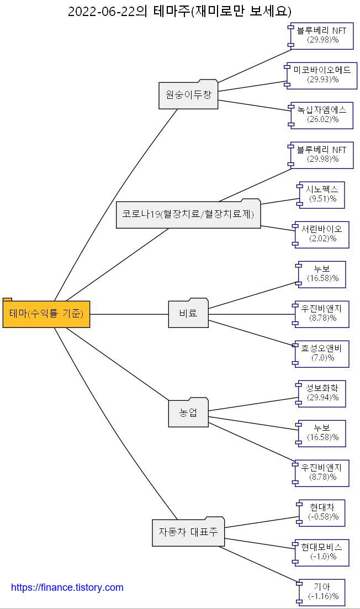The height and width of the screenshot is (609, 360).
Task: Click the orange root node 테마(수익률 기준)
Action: (x=46, y=314)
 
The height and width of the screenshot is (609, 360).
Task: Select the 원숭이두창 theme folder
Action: (x=188, y=95)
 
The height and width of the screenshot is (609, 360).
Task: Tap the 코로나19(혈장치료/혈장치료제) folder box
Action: (x=188, y=214)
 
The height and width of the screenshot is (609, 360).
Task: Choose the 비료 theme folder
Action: (x=188, y=314)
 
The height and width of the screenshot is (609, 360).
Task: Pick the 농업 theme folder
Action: (x=188, y=413)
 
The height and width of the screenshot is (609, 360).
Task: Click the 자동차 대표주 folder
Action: (x=188, y=532)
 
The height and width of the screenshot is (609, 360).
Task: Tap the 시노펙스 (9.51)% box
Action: (x=322, y=194)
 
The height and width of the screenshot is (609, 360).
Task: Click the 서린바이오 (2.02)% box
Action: (x=322, y=234)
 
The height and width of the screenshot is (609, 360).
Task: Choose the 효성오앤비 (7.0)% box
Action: (x=322, y=353)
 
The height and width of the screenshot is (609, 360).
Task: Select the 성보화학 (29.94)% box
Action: (x=322, y=393)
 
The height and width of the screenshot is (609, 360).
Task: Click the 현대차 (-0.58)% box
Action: (x=322, y=512)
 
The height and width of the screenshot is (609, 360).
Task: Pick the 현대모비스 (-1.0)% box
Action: (x=322, y=552)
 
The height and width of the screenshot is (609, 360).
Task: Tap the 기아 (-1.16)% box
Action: (x=322, y=592)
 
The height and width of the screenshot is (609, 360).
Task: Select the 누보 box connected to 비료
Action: (x=322, y=274)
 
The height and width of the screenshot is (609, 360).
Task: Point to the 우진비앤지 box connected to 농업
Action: (x=322, y=473)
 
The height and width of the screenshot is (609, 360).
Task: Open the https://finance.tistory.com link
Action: (x=67, y=587)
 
